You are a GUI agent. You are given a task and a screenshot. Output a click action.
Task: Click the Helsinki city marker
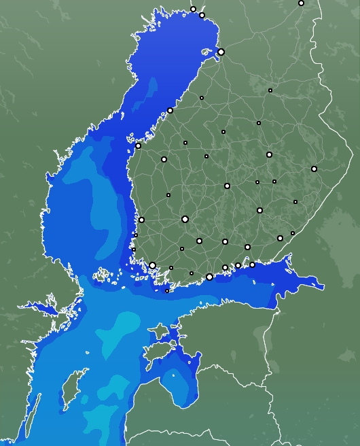[x=209, y=277]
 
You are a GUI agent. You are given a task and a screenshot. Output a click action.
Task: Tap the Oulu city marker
[x=221, y=52]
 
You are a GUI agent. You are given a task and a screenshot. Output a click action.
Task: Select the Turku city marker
[x=153, y=266]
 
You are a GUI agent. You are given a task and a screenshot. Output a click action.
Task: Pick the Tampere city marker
[x=185, y=219]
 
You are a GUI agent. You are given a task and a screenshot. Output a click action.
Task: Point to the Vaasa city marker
[x=139, y=145]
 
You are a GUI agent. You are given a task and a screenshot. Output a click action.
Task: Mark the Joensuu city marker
[x=314, y=169]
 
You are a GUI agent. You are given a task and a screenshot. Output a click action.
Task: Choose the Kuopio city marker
[x=269, y=155]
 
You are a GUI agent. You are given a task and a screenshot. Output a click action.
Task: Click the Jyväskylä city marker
[x=227, y=186]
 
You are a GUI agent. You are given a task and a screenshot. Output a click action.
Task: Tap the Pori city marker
[x=141, y=220]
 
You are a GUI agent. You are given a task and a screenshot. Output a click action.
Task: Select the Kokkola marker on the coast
[x=170, y=110]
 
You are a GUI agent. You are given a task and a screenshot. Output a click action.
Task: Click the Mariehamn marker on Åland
[x=102, y=275]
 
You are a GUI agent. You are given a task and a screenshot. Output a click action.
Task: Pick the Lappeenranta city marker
[x=280, y=238]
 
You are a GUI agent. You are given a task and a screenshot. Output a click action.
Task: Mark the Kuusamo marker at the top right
[x=301, y=3]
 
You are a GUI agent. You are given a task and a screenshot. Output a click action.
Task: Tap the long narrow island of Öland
[x=31, y=415]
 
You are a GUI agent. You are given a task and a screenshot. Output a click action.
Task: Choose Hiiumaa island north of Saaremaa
[x=159, y=331]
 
